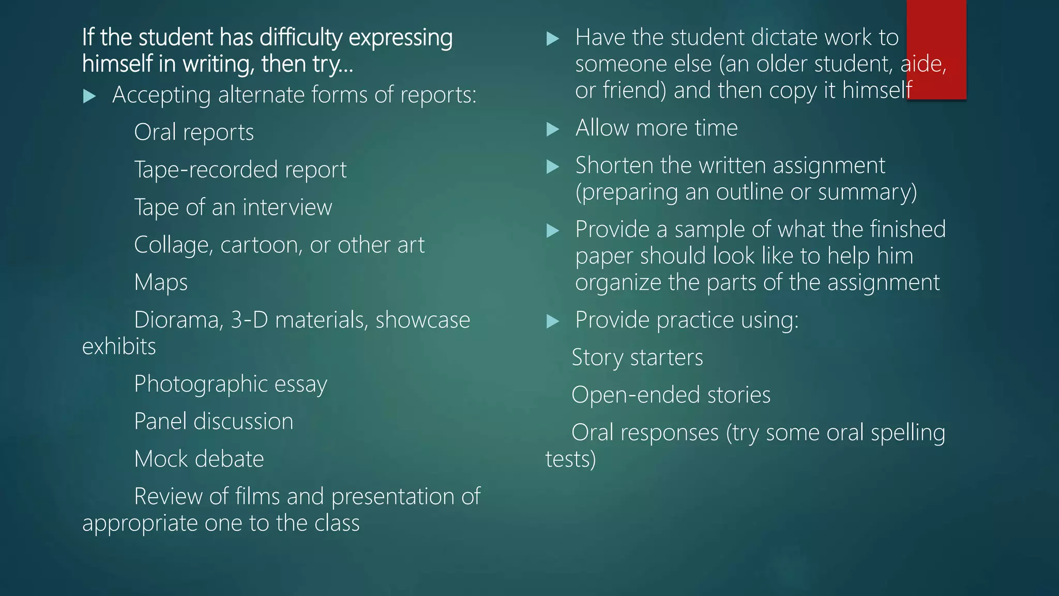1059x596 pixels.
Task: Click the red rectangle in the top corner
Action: pyautogui.click(x=936, y=49)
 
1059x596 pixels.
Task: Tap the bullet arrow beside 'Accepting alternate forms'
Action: pyautogui.click(x=89, y=96)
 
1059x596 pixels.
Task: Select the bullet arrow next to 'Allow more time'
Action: pyautogui.click(x=553, y=129)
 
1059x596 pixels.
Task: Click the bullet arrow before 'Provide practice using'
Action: pyautogui.click(x=553, y=321)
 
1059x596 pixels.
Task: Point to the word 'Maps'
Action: pyautogui.click(x=161, y=283)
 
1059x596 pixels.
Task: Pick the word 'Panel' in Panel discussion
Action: pyautogui.click(x=160, y=421)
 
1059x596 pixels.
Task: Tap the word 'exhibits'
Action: pyautogui.click(x=119, y=346)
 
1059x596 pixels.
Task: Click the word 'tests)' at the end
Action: pyautogui.click(x=571, y=459)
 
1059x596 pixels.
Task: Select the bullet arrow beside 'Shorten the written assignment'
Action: pyautogui.click(x=553, y=167)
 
